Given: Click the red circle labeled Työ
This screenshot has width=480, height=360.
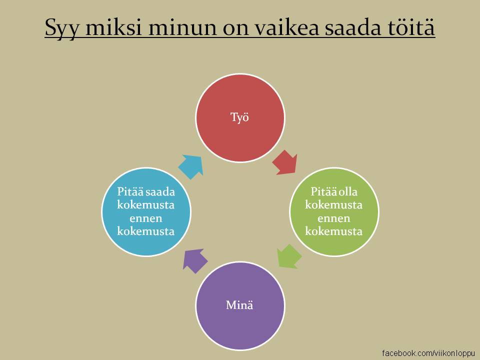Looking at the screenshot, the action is (x=240, y=118).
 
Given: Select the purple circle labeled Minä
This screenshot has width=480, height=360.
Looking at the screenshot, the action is (x=240, y=306).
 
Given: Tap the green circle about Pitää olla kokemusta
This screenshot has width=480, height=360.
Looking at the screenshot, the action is (x=334, y=212).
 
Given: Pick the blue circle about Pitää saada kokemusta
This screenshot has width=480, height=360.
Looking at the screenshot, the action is (x=146, y=212).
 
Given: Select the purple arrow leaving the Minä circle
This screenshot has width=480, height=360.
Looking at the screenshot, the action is (x=194, y=260).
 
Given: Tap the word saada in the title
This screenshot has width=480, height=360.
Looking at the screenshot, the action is (x=353, y=27).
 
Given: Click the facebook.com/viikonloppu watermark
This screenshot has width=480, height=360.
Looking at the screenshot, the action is (x=428, y=353).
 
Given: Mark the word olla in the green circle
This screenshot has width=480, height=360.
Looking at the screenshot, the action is (x=348, y=191).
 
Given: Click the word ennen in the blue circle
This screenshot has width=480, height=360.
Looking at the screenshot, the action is (x=145, y=218).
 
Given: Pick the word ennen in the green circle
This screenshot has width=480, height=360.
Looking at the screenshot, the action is (x=333, y=218).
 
